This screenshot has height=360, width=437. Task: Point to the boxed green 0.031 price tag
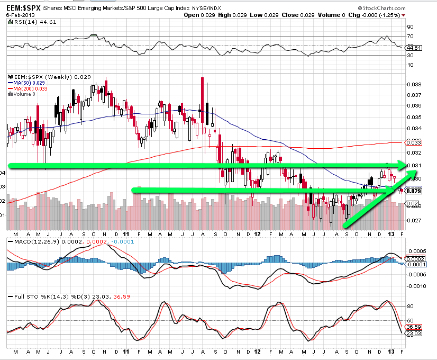coord(413,166)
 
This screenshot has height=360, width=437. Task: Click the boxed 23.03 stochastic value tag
coord(413,334)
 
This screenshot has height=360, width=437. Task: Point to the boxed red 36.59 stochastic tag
coord(413,327)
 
